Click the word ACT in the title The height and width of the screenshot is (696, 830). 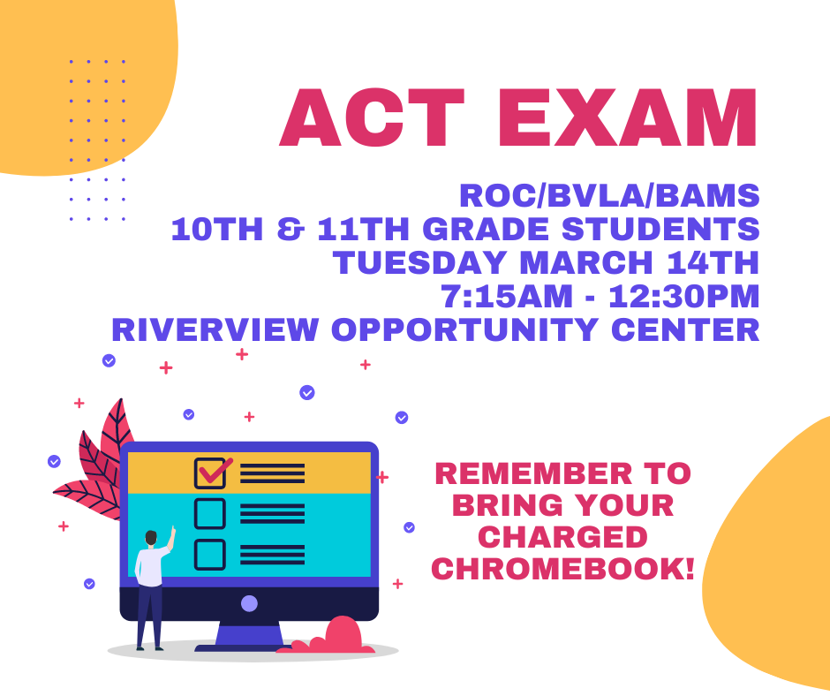pos(372,117)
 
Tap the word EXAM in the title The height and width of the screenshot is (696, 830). pos(628,117)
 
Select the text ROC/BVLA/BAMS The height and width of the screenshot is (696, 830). pos(609,195)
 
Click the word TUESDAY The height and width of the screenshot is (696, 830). pos(421,262)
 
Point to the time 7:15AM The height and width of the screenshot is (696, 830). pos(508,296)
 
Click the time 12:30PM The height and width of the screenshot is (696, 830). pos(684,296)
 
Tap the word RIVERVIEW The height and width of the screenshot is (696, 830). pos(215,329)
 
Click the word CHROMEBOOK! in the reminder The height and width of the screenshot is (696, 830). pos(562,569)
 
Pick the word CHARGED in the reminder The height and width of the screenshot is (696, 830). pos(562,537)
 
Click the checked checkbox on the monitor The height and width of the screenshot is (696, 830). pos(211,473)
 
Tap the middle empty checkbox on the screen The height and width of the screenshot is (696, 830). pos(210,513)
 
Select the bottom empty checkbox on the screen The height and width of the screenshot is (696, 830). pos(210,555)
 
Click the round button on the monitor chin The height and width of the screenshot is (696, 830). pos(249,603)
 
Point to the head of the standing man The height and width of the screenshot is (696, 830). pos(151,538)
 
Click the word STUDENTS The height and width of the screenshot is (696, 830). pos(660,230)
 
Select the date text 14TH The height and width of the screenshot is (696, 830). pos(713,262)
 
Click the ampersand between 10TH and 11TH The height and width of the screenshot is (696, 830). pos(290,230)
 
